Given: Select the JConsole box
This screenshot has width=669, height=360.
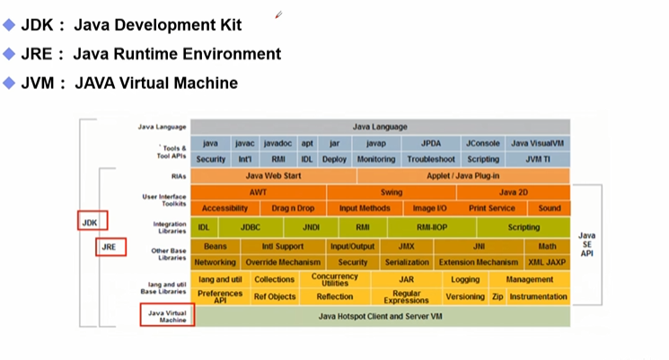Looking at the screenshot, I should [482, 144].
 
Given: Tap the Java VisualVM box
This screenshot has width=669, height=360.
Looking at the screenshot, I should [537, 144].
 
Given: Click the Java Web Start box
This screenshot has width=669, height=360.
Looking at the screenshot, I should [273, 176].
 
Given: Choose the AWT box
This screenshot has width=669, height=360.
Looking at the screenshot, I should [259, 192].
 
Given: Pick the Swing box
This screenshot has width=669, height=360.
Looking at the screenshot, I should [392, 192].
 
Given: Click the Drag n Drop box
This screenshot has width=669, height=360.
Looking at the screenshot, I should [294, 208].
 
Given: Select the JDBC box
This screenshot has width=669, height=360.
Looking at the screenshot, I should [251, 228].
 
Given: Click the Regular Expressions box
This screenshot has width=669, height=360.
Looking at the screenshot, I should [406, 296].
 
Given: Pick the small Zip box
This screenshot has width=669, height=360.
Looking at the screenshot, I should [497, 296].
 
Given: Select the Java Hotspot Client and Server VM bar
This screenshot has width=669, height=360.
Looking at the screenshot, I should [381, 317].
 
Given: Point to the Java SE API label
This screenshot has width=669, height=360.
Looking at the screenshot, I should [586, 245].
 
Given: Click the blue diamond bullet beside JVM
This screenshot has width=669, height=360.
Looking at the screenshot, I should [10, 83].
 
